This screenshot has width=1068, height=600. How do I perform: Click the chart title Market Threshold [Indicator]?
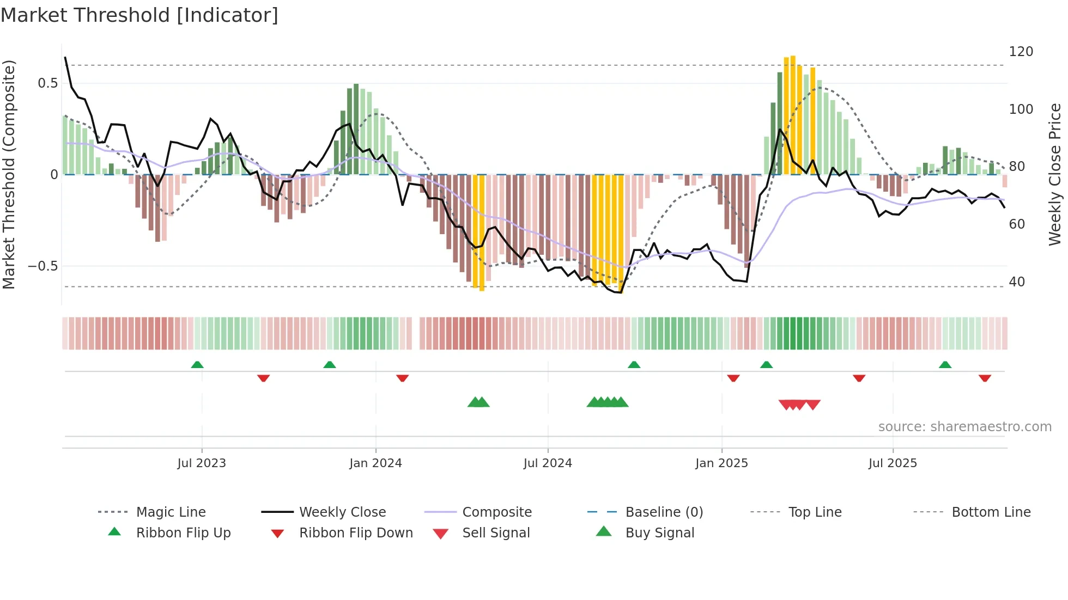tap(139, 15)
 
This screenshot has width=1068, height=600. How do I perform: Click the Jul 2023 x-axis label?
tap(201, 463)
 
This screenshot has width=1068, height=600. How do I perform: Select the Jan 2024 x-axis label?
tap(375, 463)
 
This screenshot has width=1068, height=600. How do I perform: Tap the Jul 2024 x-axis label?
tap(548, 463)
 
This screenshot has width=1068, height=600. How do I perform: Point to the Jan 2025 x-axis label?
tap(721, 463)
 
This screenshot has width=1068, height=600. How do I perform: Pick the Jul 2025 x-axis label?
tap(893, 463)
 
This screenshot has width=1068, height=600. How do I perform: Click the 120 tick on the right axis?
tap(1021, 52)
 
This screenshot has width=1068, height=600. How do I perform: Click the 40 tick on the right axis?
tap(1017, 282)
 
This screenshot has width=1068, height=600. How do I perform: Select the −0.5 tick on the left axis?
tap(43, 266)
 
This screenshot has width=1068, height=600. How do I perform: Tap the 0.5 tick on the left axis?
tap(47, 83)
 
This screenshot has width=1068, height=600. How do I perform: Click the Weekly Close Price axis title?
tap(1055, 174)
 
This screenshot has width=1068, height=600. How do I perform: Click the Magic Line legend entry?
tap(171, 512)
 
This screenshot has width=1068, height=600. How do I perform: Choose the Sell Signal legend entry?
tap(496, 533)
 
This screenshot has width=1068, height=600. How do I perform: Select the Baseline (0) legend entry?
tap(664, 512)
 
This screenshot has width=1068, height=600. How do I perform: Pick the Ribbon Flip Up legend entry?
tap(183, 533)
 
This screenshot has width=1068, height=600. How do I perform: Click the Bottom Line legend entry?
tap(991, 512)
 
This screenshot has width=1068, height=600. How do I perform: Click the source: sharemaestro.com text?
tap(964, 427)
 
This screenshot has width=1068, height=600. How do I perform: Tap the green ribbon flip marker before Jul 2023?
tap(197, 365)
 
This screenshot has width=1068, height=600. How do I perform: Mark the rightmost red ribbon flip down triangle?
tap(985, 378)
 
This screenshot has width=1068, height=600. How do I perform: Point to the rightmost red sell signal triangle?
tap(813, 405)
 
